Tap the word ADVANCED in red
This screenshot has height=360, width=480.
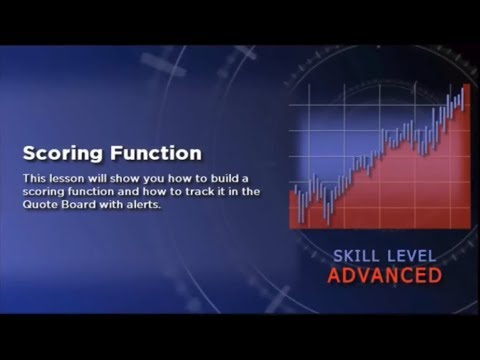click(x=385, y=274)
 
